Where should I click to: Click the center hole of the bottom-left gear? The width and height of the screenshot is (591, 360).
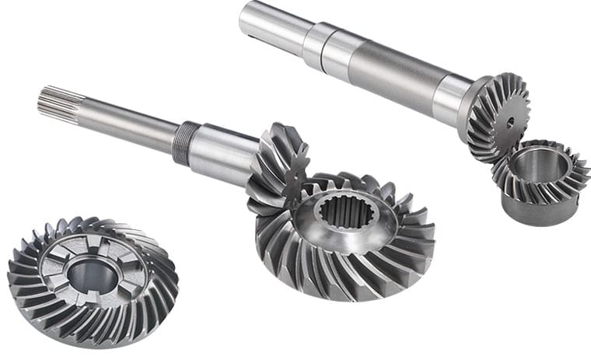pos(92,273)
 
